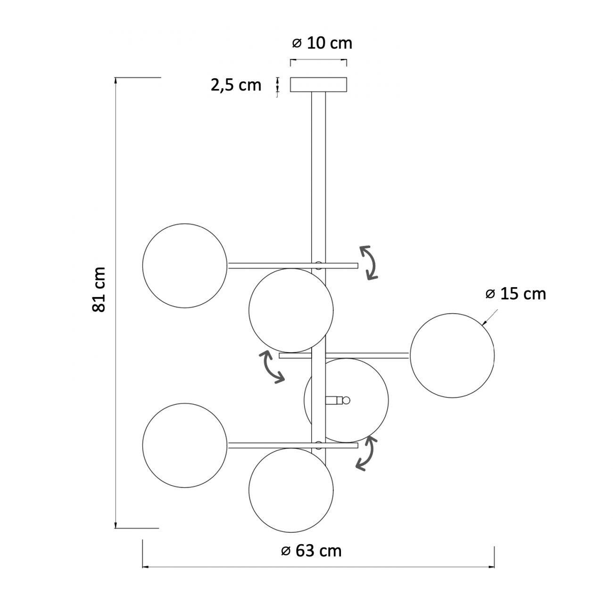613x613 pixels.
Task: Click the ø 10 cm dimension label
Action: (x=322, y=43)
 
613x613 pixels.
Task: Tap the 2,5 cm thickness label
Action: (x=236, y=85)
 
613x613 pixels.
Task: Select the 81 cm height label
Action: (x=99, y=290)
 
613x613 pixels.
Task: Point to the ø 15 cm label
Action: (x=516, y=294)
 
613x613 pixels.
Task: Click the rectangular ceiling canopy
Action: (x=318, y=84)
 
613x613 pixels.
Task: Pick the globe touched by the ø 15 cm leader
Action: (x=452, y=356)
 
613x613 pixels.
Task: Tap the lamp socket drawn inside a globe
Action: (x=338, y=400)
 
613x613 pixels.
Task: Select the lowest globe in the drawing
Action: (x=291, y=490)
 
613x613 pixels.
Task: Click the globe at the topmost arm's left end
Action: (x=185, y=265)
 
